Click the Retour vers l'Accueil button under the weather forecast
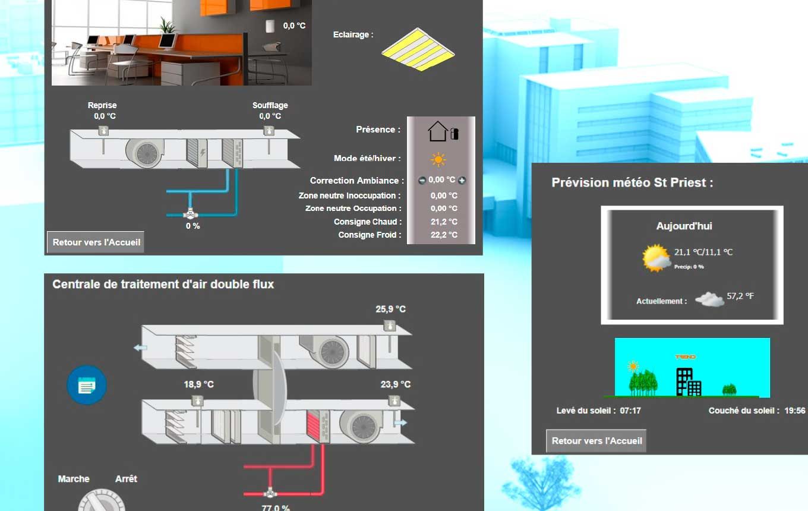tap(596, 441)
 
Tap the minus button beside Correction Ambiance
tap(422, 181)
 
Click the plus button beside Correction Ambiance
tap(462, 180)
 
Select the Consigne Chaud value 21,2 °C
tap(444, 222)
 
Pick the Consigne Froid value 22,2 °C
tap(444, 235)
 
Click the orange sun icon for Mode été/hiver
tap(438, 159)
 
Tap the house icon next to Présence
tap(437, 131)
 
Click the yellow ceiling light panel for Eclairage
tap(418, 49)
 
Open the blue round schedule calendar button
tap(87, 385)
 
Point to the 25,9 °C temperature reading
tap(391, 309)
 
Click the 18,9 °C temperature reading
tap(199, 384)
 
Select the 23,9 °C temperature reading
tap(396, 384)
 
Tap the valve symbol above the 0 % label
tap(190, 215)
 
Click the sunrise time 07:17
tap(630, 411)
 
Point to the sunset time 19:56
tap(795, 411)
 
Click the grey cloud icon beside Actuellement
tap(709, 299)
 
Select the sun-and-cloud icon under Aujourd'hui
tap(656, 258)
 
